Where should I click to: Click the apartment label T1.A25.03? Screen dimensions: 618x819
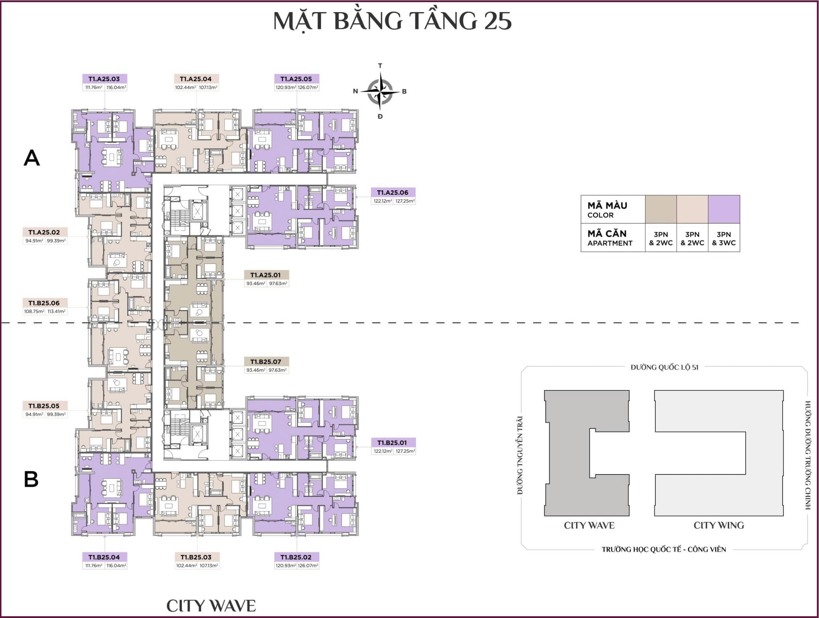(x=104, y=79)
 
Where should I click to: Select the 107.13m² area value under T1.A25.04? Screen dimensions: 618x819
(x=208, y=88)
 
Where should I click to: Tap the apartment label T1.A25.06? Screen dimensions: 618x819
(x=392, y=192)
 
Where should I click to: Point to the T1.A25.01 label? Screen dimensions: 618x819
(x=266, y=275)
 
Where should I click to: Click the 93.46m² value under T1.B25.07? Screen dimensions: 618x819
(x=256, y=370)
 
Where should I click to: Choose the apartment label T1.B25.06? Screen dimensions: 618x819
(x=44, y=303)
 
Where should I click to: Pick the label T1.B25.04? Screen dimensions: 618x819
(x=104, y=557)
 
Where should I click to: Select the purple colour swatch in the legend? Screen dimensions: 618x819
(x=724, y=209)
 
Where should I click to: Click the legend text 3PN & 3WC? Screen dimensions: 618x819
(x=724, y=239)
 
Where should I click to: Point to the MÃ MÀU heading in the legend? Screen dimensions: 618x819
(x=607, y=206)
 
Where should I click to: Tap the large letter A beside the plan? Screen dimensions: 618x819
(x=31, y=158)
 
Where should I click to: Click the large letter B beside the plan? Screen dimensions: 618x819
(x=31, y=479)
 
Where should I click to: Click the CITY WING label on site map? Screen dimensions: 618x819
(x=718, y=525)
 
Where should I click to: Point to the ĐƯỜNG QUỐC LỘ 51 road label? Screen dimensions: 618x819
(x=665, y=367)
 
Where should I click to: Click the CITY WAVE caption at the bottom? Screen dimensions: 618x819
(x=211, y=606)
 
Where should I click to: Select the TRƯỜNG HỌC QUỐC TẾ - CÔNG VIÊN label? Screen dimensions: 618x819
(x=664, y=550)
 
